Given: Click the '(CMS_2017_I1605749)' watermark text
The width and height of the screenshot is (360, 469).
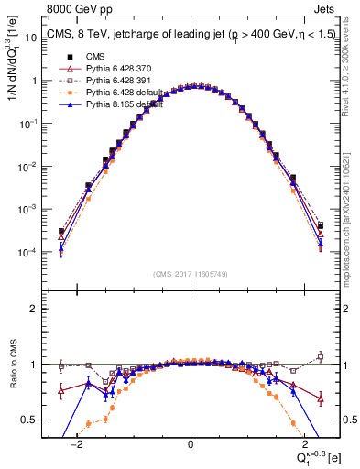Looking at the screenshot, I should [x=190, y=274].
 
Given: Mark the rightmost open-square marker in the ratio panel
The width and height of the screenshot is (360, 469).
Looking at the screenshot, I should [x=321, y=356].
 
